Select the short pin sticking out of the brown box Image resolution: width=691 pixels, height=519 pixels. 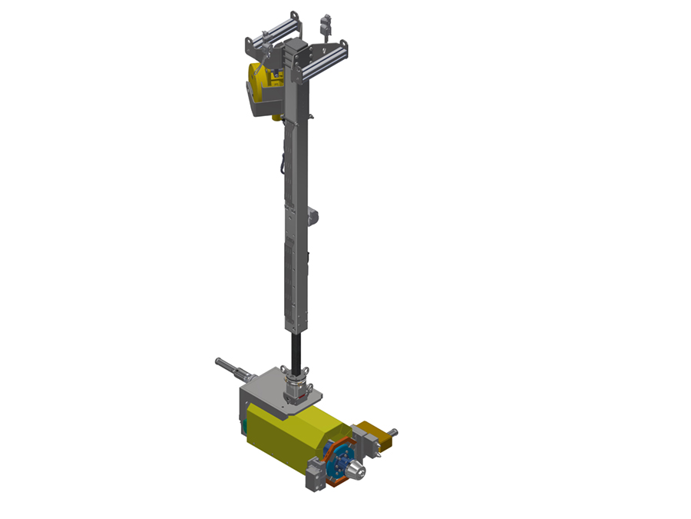[x=393, y=432]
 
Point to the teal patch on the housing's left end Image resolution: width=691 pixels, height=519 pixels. [x=245, y=426]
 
